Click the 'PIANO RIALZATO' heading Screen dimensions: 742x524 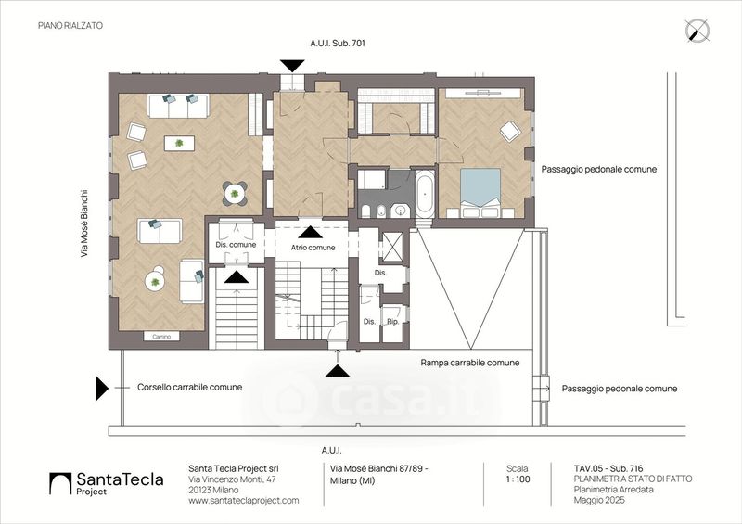70,26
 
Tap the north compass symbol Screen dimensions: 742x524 697,32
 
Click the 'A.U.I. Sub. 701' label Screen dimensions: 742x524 338,43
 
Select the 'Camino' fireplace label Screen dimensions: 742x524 161,337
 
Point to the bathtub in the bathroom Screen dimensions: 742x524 425,193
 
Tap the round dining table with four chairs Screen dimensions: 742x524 235,193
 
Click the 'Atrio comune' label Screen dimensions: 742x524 313,248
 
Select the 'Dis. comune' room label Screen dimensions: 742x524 236,245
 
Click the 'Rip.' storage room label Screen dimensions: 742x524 392,322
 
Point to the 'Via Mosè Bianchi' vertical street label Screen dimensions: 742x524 84,224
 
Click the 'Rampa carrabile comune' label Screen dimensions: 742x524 470,363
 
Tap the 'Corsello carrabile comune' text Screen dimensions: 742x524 190,387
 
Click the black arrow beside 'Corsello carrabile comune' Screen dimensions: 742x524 102,389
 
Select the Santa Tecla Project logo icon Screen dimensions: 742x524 60,484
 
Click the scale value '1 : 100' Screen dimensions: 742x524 518,479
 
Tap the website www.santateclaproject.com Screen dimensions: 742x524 244,500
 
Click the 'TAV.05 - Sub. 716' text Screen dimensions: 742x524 608,469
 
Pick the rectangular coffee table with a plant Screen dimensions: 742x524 179,143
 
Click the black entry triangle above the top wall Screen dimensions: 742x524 291,66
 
